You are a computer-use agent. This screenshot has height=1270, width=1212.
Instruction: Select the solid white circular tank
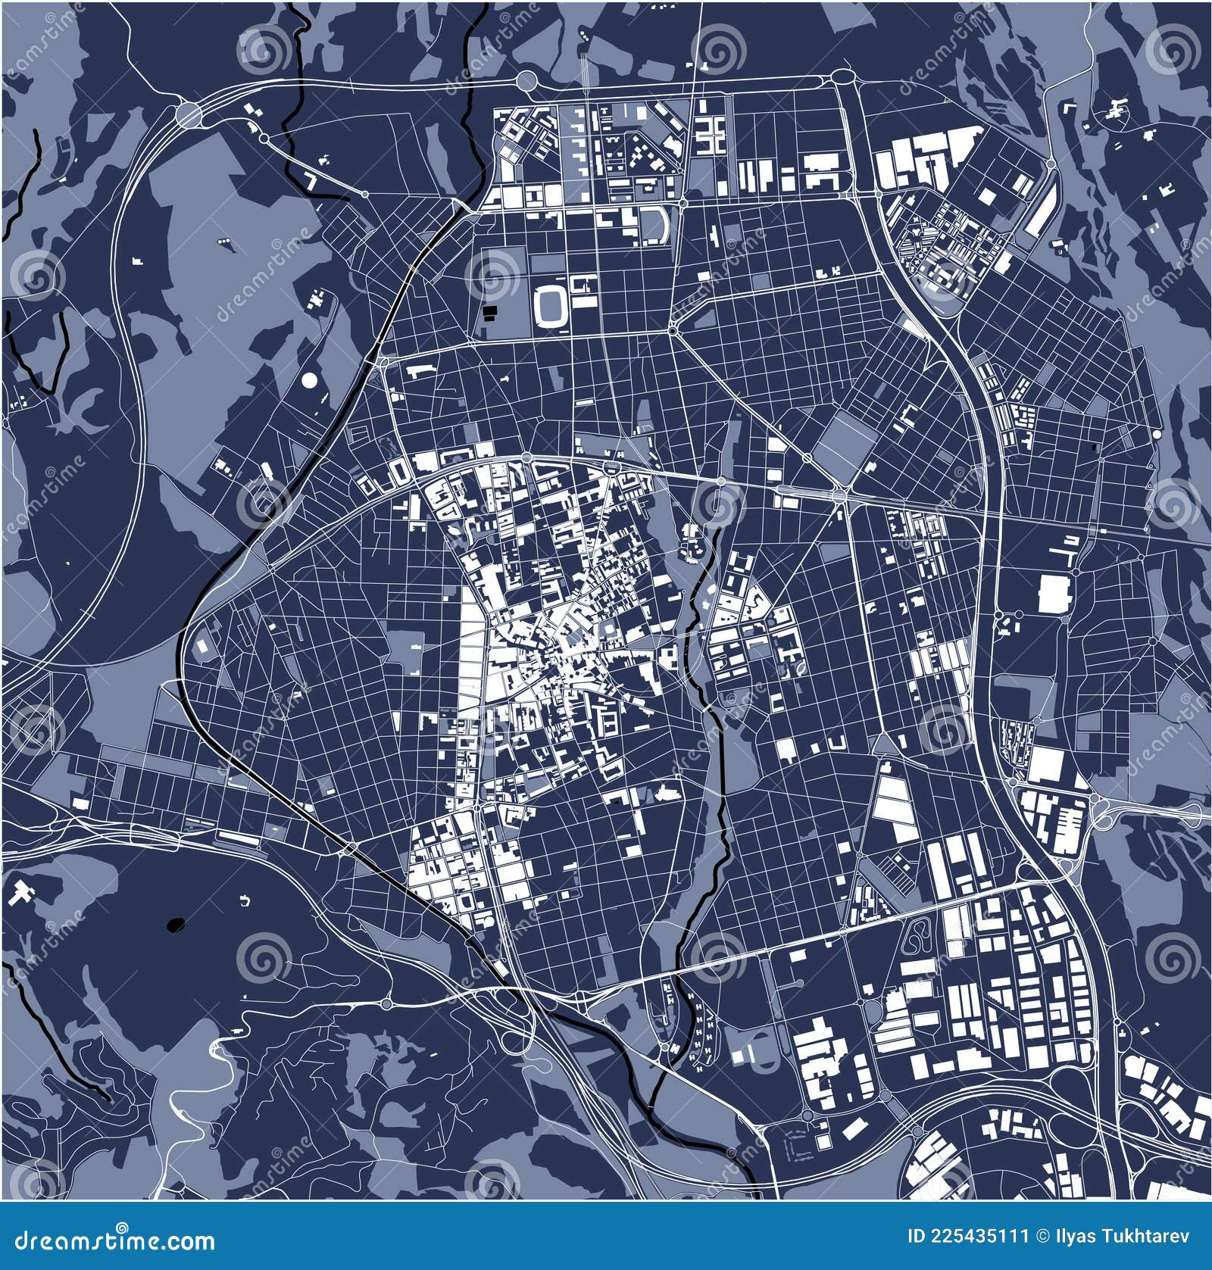tap(310, 380)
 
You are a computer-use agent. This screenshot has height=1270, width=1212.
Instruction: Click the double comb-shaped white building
tap(711, 135)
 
